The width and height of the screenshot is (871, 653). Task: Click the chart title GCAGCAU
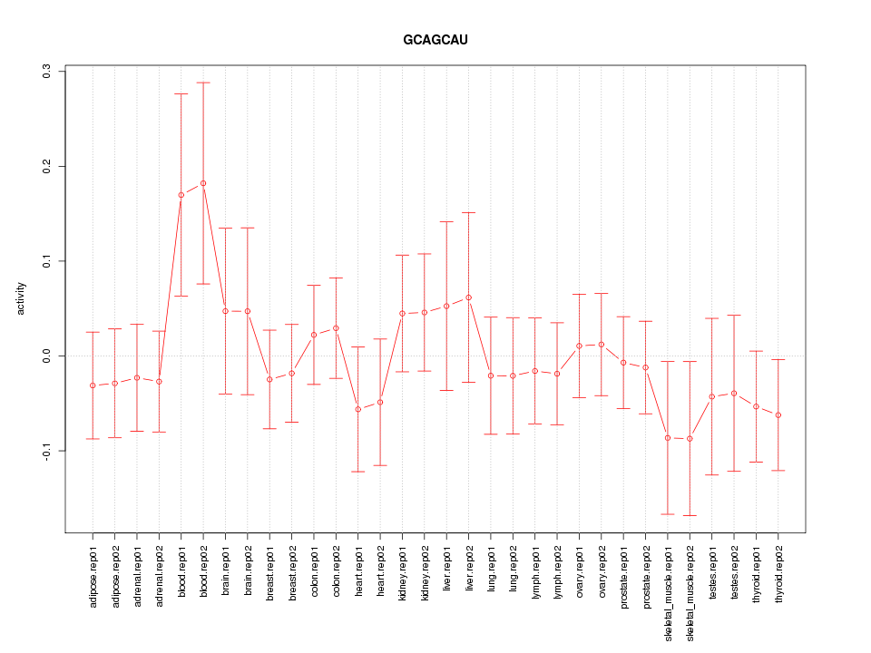pos(435,41)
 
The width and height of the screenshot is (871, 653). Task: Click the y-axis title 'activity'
pos(21,299)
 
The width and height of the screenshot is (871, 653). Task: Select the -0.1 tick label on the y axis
pos(47,451)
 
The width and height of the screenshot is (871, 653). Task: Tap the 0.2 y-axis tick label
pos(47,166)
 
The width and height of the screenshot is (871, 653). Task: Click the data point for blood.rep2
pos(203,183)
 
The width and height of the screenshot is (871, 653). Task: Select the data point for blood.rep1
pos(181,195)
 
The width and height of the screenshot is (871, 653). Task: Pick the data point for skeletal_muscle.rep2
pos(690,439)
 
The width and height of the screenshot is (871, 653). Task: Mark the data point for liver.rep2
pos(468,297)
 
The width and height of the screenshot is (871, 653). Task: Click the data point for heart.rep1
pos(357,409)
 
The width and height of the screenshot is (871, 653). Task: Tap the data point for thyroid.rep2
pos(778,415)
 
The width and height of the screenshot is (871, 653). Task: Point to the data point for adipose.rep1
pos(93,385)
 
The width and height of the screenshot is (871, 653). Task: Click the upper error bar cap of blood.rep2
pos(203,83)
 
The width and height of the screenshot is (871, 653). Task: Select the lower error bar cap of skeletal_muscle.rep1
pos(668,514)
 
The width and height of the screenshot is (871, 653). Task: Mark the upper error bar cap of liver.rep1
pos(446,221)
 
